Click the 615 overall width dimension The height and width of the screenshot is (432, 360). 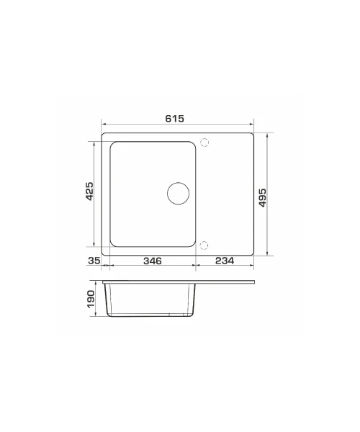[175, 119]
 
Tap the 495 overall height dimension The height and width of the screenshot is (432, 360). [263, 197]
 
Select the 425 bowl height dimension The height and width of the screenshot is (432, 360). [89, 191]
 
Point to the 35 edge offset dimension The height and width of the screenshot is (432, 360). [94, 261]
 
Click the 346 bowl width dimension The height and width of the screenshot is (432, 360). [153, 261]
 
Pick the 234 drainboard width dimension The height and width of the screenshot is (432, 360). [225, 261]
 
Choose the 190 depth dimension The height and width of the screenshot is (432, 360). [91, 300]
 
